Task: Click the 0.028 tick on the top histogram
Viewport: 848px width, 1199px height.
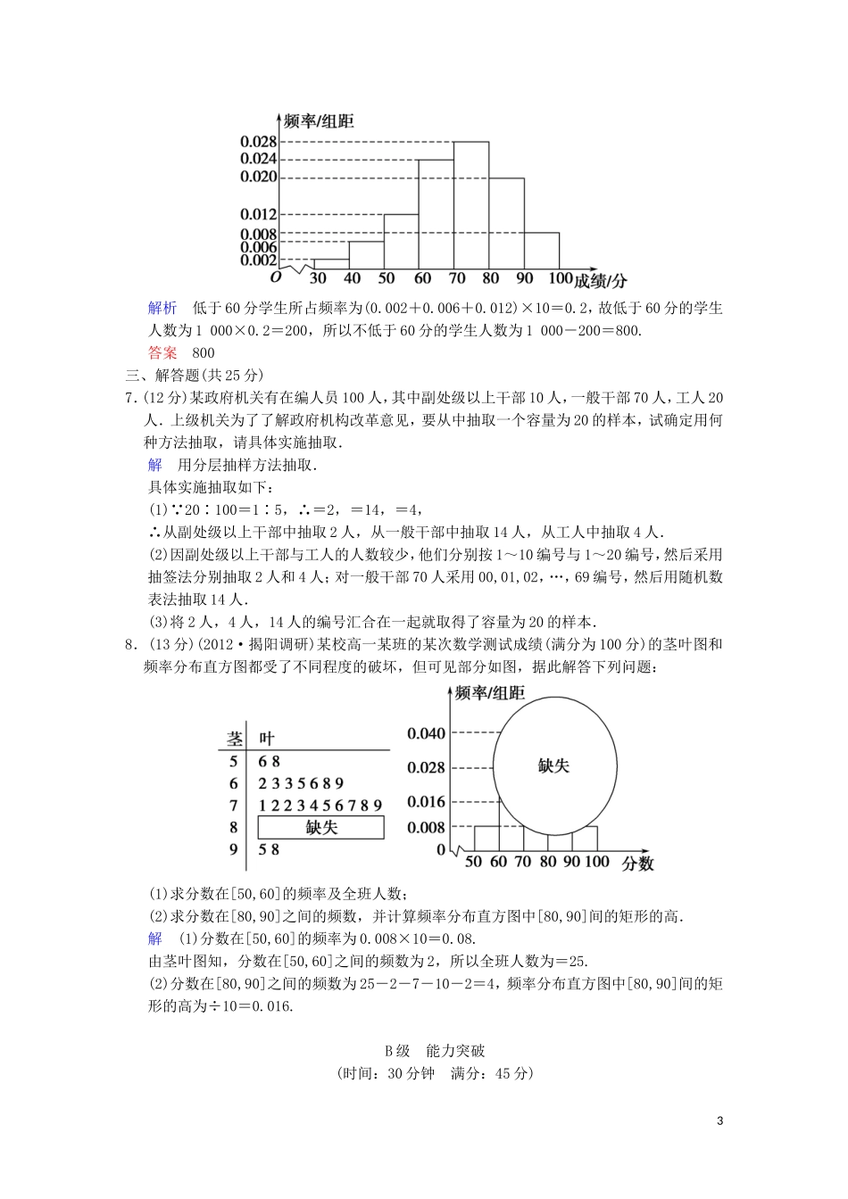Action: pyautogui.click(x=258, y=141)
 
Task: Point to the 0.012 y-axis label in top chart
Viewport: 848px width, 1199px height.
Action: pyautogui.click(x=258, y=214)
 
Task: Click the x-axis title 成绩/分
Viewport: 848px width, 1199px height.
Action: pyautogui.click(x=601, y=281)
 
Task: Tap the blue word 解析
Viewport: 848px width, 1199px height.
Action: pyautogui.click(x=162, y=308)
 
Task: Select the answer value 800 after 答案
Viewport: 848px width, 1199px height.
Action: pyautogui.click(x=204, y=352)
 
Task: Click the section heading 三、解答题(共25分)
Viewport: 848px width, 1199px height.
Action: pyautogui.click(x=194, y=375)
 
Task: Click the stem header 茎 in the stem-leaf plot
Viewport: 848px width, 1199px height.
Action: pyautogui.click(x=235, y=739)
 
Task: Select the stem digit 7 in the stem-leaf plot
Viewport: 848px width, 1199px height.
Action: pyautogui.click(x=234, y=806)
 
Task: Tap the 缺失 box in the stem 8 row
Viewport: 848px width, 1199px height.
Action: pyautogui.click(x=320, y=827)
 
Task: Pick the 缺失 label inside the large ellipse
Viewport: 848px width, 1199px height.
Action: pyautogui.click(x=553, y=765)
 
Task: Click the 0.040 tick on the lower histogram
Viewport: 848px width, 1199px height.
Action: pyautogui.click(x=425, y=733)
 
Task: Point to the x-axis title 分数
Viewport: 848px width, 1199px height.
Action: pyautogui.click(x=638, y=863)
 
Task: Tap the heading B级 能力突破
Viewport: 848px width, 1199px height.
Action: pyautogui.click(x=435, y=1051)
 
